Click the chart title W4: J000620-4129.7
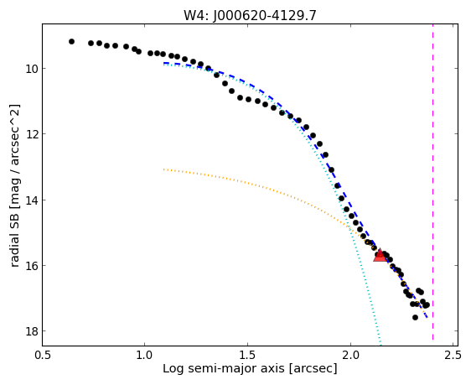pos(250,15)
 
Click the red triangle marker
pos(380,255)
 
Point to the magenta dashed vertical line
pos(432,182)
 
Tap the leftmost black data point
pos(71,41)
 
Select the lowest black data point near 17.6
pos(415,317)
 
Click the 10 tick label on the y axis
pos(31,69)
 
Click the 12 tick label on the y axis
pos(31,134)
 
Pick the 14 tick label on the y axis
pos(31,200)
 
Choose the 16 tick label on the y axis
pos(31,266)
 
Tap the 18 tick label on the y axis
pos(31,331)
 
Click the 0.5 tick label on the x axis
pos(43,355)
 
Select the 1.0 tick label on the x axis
pos(145,355)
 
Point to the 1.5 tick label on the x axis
pos(247,355)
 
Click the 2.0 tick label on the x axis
pos(350,355)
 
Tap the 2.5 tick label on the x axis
pos(453,355)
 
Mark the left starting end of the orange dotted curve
pos(163,169)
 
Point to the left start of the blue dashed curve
pos(164,63)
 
